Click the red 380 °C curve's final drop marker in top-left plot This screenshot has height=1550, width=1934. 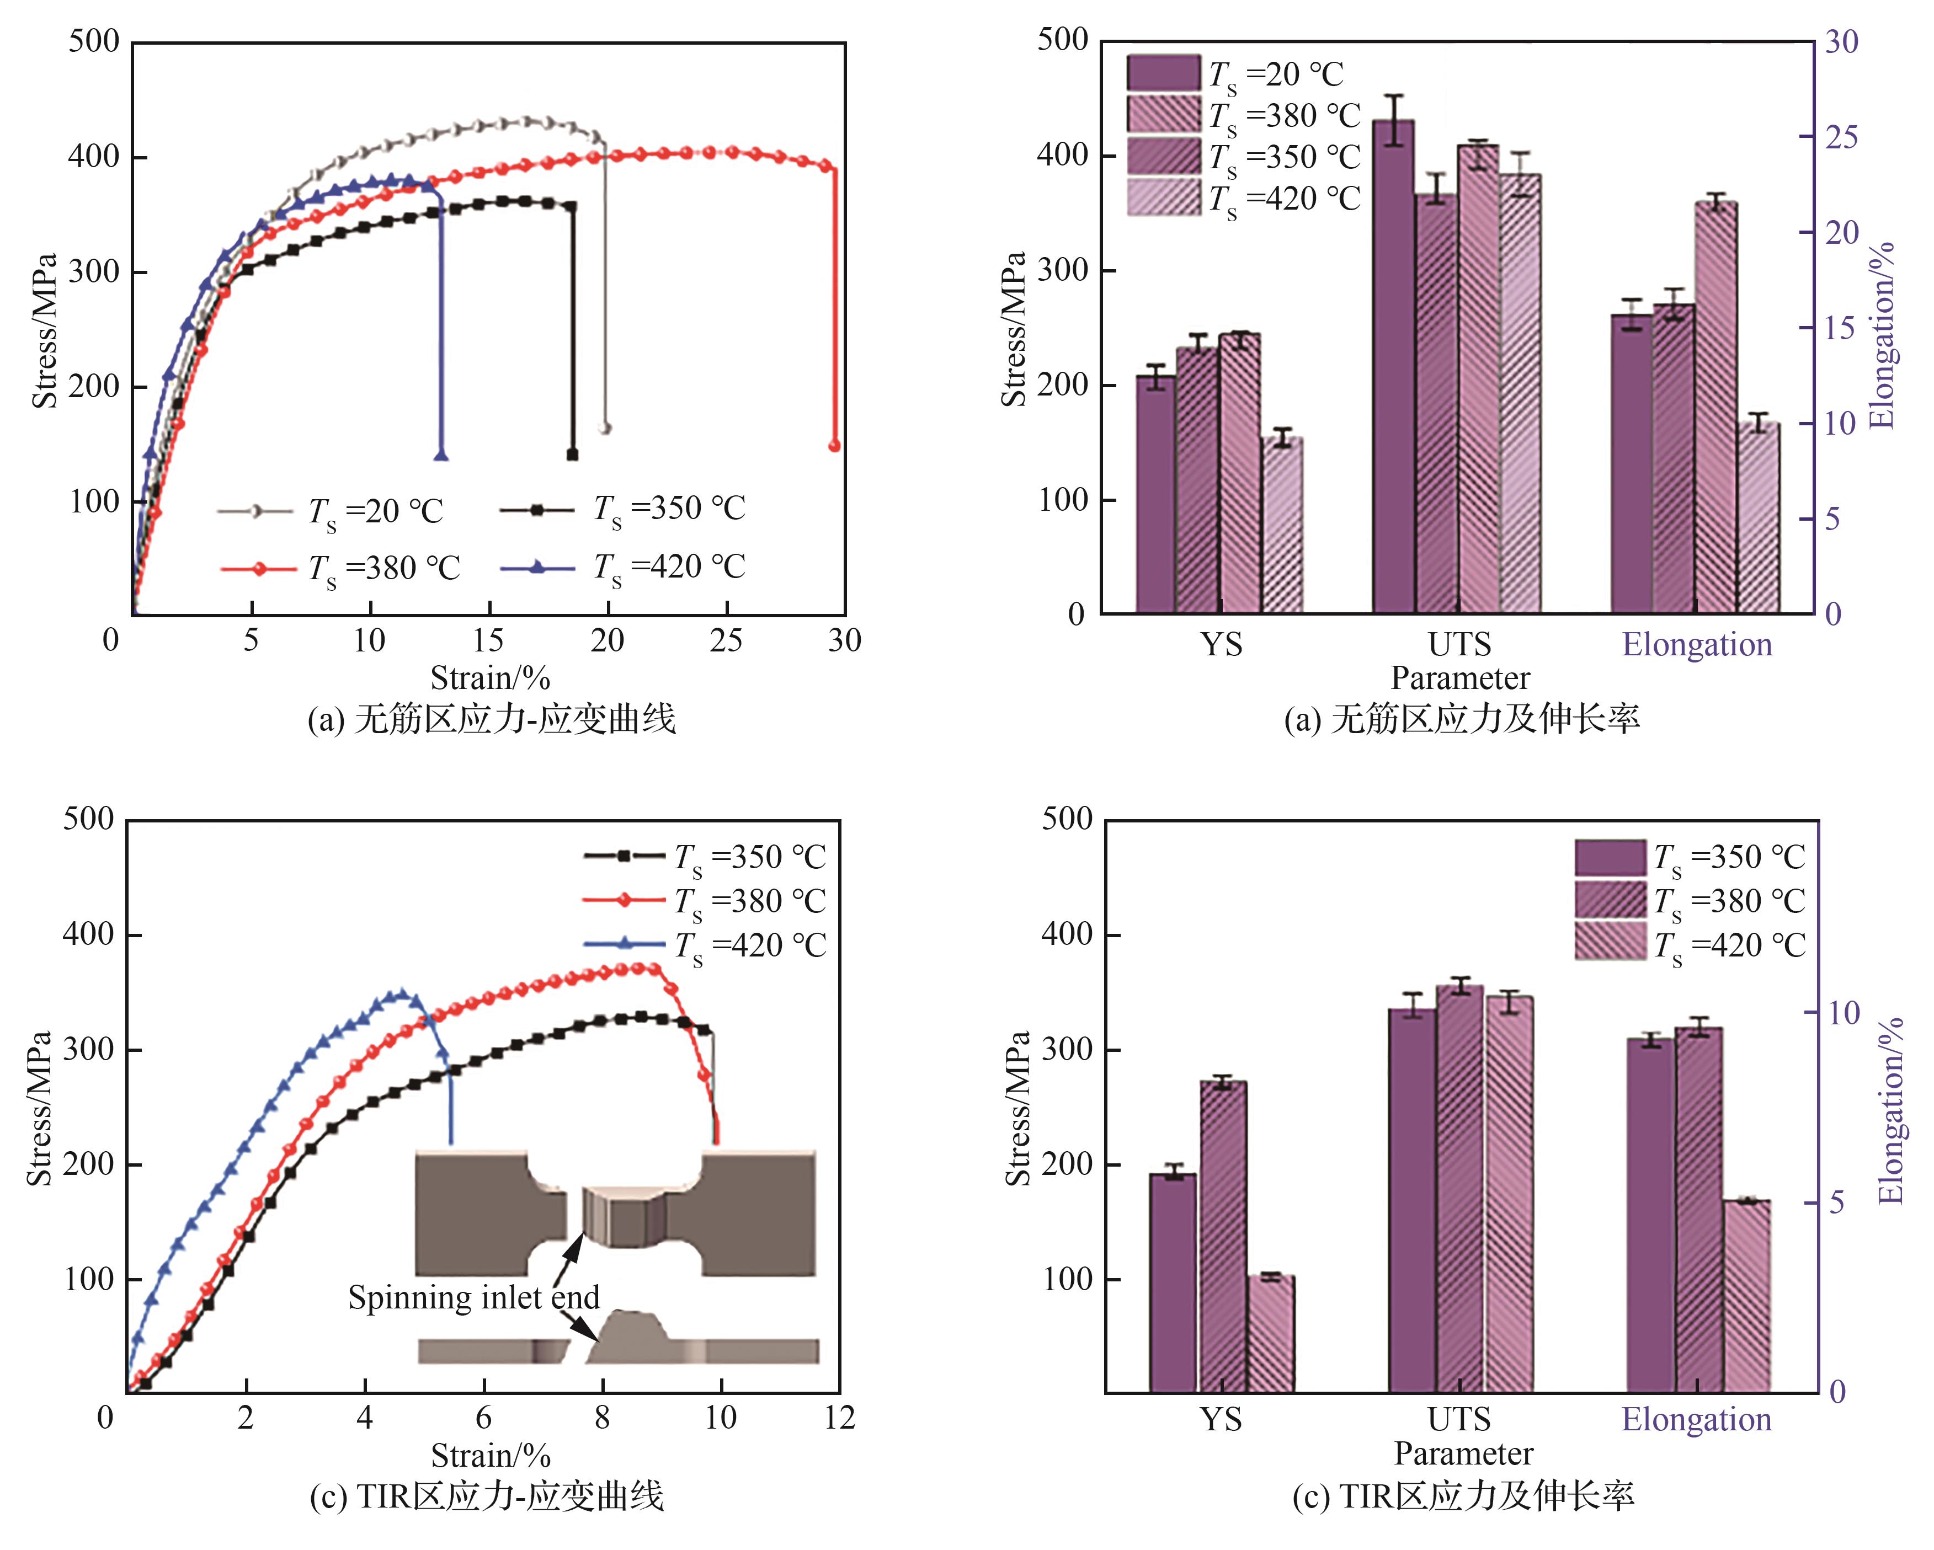pos(834,446)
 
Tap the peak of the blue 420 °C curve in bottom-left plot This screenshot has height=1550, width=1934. pos(402,994)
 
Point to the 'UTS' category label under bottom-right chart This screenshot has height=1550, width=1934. pos(1459,1420)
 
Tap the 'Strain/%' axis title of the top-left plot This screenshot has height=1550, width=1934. pos(490,677)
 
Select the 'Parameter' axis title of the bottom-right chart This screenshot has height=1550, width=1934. pos(1463,1453)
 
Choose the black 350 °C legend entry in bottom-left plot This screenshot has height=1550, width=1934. pos(704,857)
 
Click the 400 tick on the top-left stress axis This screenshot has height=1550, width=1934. pos(93,158)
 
